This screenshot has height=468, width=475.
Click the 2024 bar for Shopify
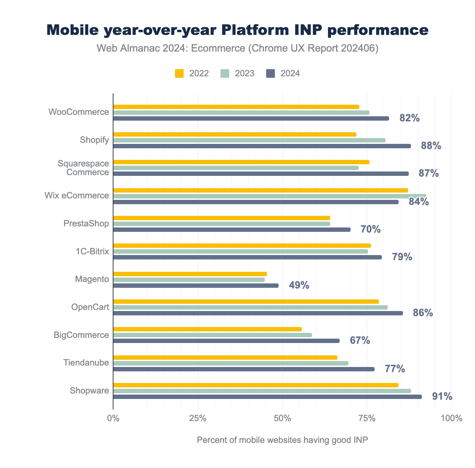[x=262, y=146]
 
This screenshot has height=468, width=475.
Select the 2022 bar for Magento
[x=190, y=274]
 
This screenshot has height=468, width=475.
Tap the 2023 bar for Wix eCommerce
[x=270, y=196]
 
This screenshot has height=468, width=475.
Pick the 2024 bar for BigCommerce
[x=226, y=341]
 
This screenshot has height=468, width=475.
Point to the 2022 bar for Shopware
[x=256, y=385]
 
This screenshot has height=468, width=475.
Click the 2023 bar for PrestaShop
[x=221, y=224]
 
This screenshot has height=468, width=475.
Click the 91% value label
[x=442, y=396]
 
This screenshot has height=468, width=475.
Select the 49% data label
[x=299, y=285]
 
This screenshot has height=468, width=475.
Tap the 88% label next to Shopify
[x=431, y=146]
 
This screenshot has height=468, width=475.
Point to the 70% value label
[x=370, y=229]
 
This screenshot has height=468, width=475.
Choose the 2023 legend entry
[x=237, y=73]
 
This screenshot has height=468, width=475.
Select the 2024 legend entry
[x=283, y=73]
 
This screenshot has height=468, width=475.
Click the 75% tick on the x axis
[x=367, y=418]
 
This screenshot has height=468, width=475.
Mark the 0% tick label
[x=113, y=418]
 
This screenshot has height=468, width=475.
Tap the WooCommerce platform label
[x=79, y=112]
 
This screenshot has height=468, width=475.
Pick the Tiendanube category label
[x=86, y=363]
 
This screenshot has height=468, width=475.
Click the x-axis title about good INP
[x=282, y=440]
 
